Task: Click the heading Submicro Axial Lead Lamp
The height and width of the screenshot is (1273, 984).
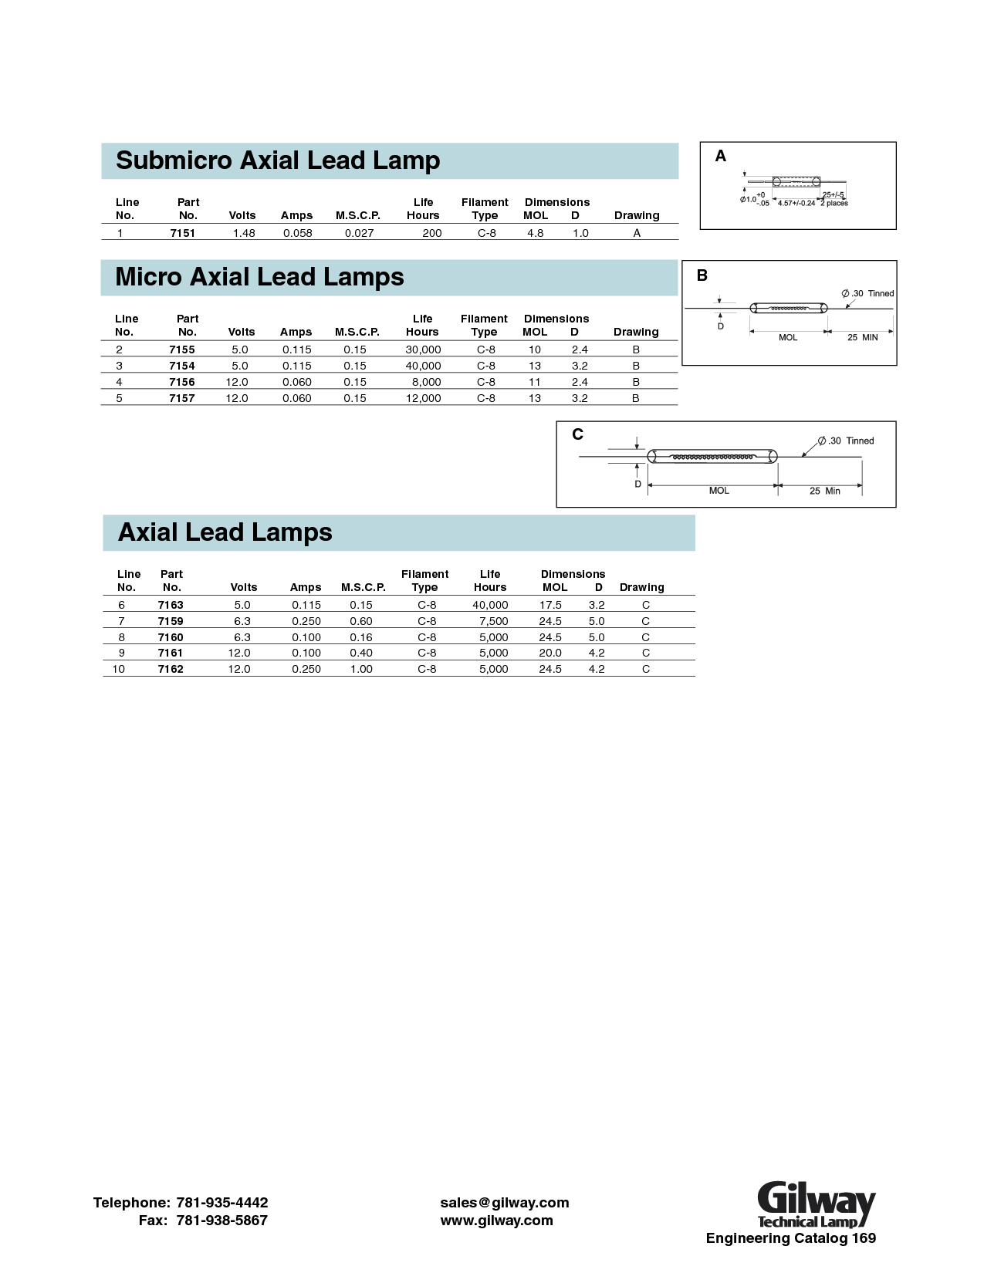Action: click(x=278, y=160)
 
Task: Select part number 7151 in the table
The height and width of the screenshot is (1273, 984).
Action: click(x=183, y=233)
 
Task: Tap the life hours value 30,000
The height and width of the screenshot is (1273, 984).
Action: click(x=423, y=349)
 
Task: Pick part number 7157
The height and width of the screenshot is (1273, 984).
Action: click(x=182, y=398)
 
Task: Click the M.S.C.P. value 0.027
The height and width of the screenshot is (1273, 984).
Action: click(x=359, y=233)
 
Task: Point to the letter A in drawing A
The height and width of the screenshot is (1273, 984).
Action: click(x=721, y=157)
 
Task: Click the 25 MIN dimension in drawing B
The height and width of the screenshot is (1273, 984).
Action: click(x=862, y=338)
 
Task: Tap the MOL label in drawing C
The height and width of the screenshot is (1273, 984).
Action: click(x=719, y=491)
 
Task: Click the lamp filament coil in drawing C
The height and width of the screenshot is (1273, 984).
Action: click(x=712, y=458)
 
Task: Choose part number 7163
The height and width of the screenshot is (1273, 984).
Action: click(x=171, y=606)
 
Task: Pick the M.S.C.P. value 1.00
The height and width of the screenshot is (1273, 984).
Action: click(x=361, y=669)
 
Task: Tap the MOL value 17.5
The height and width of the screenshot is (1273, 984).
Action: click(x=550, y=606)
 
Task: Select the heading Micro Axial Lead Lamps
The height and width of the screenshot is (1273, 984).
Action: click(x=259, y=277)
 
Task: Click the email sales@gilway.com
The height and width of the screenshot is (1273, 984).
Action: click(x=504, y=1203)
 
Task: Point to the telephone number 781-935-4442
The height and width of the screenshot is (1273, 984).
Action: click(x=222, y=1203)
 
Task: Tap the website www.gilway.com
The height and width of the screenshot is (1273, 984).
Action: click(x=496, y=1221)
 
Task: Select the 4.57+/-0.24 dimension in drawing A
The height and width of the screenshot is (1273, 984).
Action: click(x=796, y=204)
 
